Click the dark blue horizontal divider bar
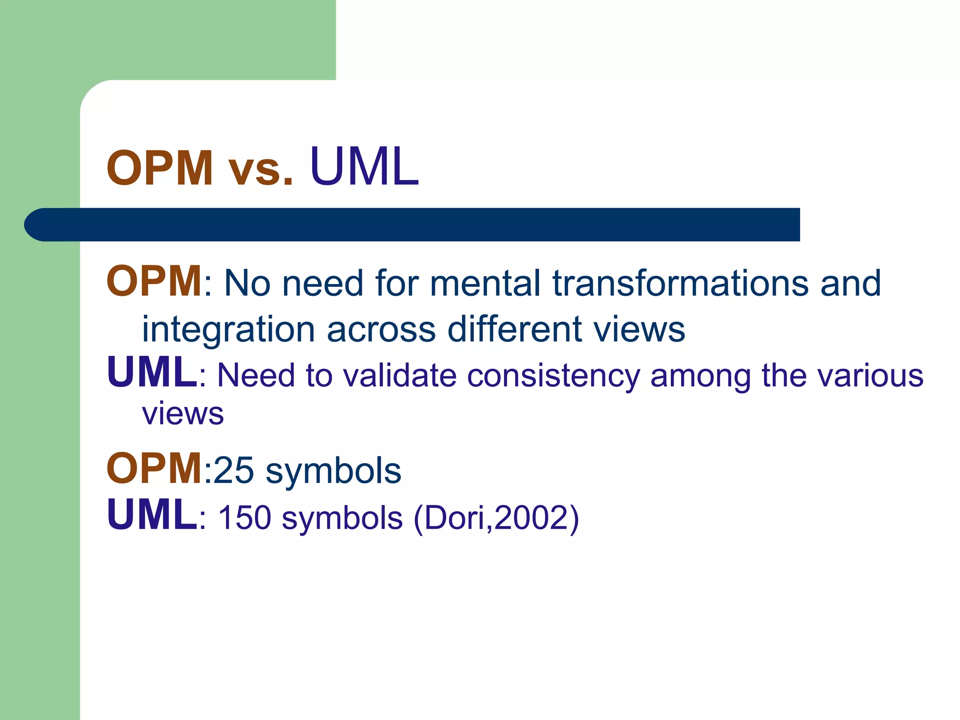[x=412, y=225]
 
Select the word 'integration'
[x=228, y=330]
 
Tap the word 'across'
[x=381, y=330]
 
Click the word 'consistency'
[x=553, y=376]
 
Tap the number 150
[x=245, y=517]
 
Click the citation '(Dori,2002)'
[x=496, y=518]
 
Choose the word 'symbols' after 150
[x=342, y=518]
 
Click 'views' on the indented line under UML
[x=183, y=414]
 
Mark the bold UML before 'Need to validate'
[x=152, y=372]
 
